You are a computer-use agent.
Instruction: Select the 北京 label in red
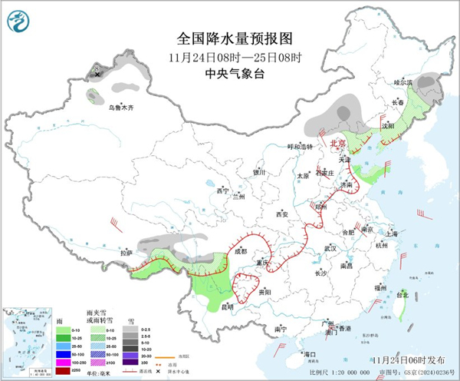point(338,144)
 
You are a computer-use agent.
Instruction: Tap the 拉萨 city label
point(127,252)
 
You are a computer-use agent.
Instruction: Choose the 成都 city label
point(242,250)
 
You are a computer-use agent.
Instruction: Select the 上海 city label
point(392,233)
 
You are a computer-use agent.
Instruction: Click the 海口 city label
point(310,354)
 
